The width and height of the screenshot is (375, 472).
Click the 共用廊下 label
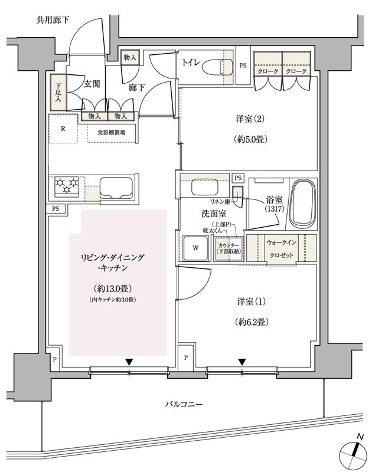(53, 20)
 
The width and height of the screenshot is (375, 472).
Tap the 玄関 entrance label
(90, 84)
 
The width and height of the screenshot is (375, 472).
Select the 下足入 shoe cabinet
(57, 92)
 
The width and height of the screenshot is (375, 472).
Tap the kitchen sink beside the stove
(118, 187)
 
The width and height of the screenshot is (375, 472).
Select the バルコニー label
(184, 405)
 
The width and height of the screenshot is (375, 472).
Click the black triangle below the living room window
(129, 362)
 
